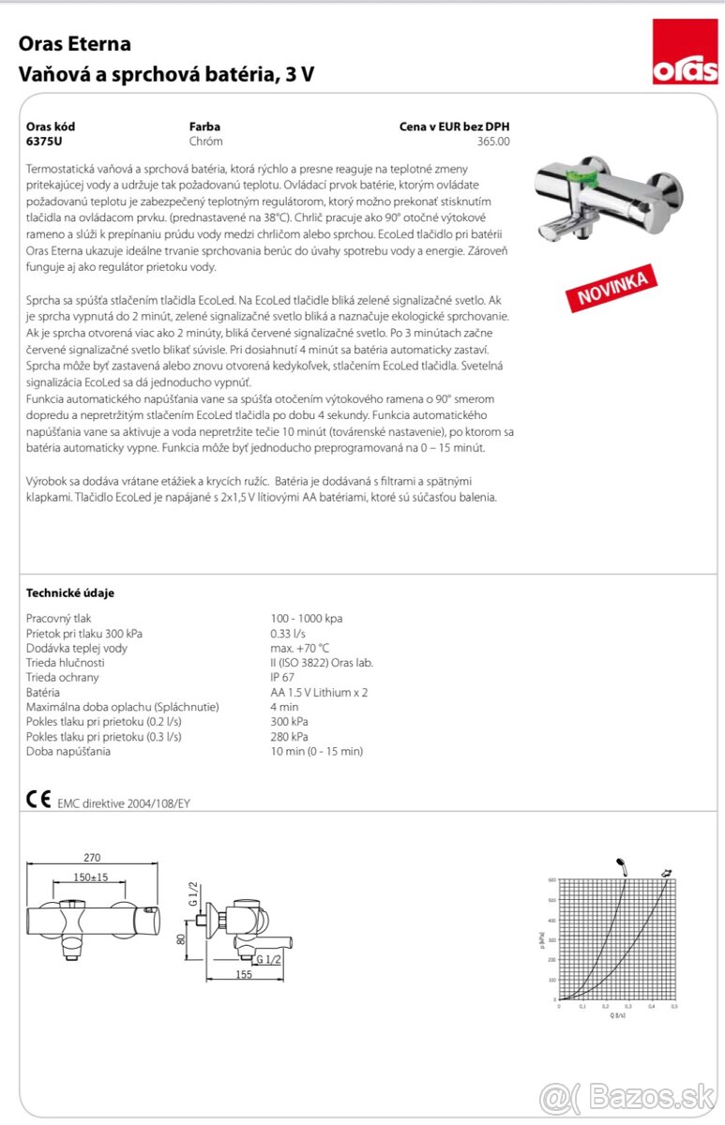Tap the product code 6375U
[44, 142]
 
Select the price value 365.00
[493, 142]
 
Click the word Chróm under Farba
[205, 142]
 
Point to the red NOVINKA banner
[611, 288]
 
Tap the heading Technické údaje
[70, 592]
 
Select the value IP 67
[283, 677]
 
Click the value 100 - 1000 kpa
[306, 619]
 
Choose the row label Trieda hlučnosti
[66, 663]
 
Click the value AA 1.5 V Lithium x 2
[319, 692]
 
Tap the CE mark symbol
[38, 800]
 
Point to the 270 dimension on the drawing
[92, 858]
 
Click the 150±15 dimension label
[92, 877]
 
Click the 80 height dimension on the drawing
[181, 939]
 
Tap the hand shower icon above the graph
[620, 865]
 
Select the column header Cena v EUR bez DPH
[455, 127]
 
